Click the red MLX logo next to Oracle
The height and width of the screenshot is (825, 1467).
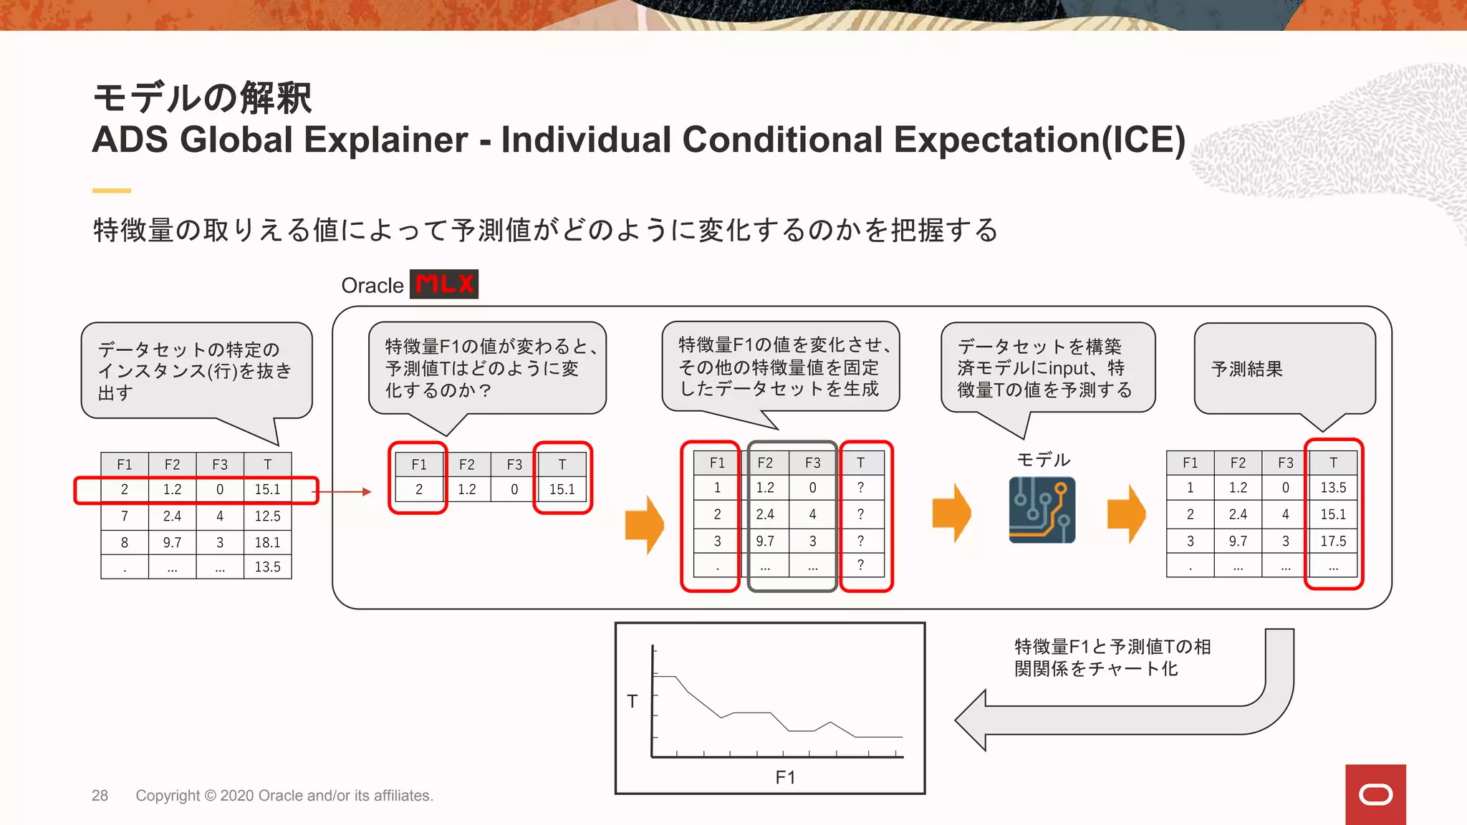tap(444, 284)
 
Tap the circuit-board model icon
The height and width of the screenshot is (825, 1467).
tap(1042, 510)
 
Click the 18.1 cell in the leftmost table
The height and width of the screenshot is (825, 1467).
tap(267, 542)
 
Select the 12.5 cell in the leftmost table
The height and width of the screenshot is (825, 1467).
tap(267, 516)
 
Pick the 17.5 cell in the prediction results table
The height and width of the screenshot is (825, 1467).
tap(1333, 541)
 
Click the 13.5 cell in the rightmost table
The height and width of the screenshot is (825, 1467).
tap(1333, 488)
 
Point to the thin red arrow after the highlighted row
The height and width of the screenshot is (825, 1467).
tap(345, 492)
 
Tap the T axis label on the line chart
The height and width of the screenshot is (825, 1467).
tap(632, 701)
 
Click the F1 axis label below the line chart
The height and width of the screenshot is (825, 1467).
tap(785, 777)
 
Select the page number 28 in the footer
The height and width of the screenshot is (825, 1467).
tap(100, 796)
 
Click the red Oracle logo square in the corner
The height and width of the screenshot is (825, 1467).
tap(1375, 794)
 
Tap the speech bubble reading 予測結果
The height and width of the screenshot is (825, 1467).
tap(1284, 368)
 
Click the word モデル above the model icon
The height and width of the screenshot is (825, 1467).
tap(1043, 460)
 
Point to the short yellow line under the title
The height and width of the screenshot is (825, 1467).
tap(112, 190)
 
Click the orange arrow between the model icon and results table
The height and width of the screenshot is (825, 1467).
tap(1126, 513)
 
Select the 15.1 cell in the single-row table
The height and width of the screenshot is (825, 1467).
tap(562, 489)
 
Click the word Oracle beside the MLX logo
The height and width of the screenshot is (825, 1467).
tap(372, 286)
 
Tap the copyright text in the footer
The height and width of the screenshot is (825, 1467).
tap(284, 796)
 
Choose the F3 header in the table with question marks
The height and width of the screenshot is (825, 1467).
tap(812, 463)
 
